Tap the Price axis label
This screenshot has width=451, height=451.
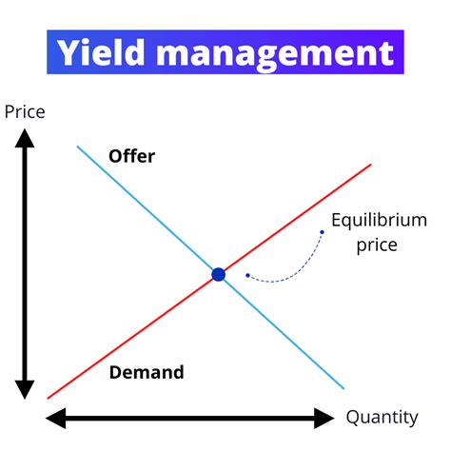pyautogui.click(x=25, y=112)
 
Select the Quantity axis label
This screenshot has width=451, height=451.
pyautogui.click(x=382, y=417)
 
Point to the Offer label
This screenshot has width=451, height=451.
pyautogui.click(x=131, y=156)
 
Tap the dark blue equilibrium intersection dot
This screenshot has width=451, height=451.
pyautogui.click(x=218, y=275)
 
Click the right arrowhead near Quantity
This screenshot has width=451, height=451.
pyautogui.click(x=325, y=417)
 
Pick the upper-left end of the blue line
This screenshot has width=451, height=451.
pyautogui.click(x=78, y=147)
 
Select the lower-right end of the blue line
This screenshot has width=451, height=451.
pyautogui.click(x=343, y=388)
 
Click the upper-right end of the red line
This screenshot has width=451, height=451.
pyautogui.click(x=370, y=165)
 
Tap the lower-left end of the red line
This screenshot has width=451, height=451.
pyautogui.click(x=48, y=398)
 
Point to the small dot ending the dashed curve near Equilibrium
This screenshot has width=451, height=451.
pyautogui.click(x=322, y=231)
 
